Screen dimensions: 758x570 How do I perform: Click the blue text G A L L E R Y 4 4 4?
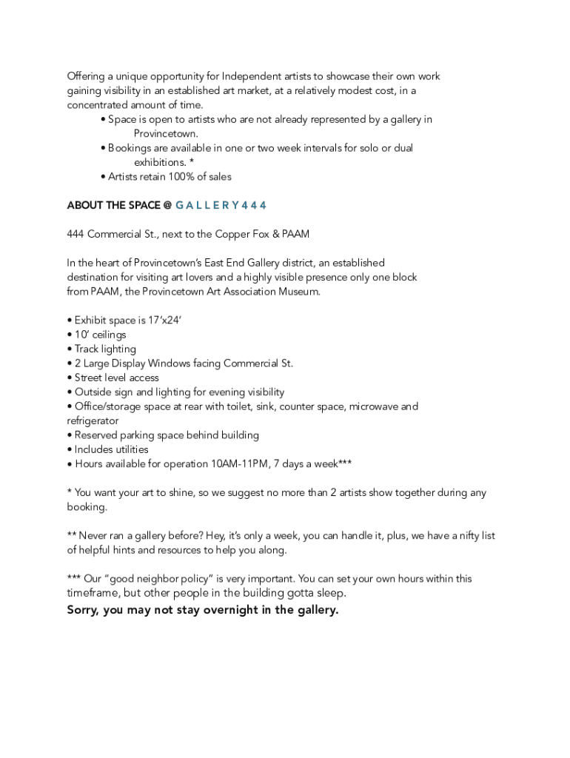pos(221,205)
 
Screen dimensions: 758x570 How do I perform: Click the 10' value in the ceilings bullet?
pos(81,335)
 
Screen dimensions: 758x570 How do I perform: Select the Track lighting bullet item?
pos(105,349)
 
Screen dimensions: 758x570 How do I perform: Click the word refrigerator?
pos(93,420)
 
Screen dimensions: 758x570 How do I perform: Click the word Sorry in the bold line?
pos(83,610)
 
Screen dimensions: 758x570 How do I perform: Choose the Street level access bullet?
pos(116,378)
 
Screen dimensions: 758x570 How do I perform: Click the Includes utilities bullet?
pos(111,449)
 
